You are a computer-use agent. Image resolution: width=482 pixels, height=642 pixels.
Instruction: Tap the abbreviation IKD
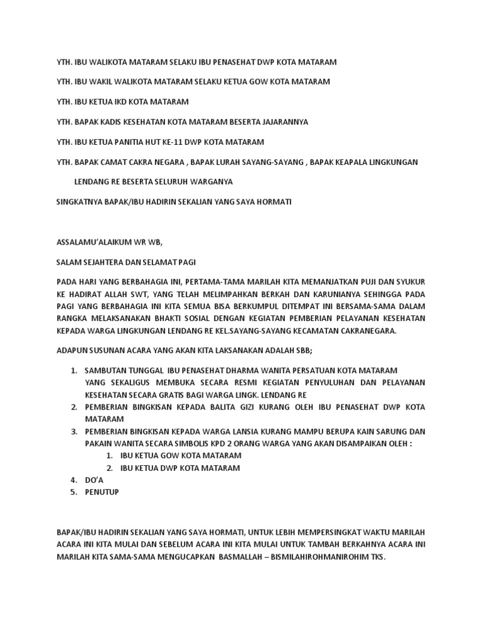tap(119, 102)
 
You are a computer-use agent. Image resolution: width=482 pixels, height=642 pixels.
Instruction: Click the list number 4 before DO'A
tap(73, 480)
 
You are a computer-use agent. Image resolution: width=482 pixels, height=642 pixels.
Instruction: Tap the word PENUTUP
tap(102, 492)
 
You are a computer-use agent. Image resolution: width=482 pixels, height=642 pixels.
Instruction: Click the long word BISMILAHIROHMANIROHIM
tap(318, 556)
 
